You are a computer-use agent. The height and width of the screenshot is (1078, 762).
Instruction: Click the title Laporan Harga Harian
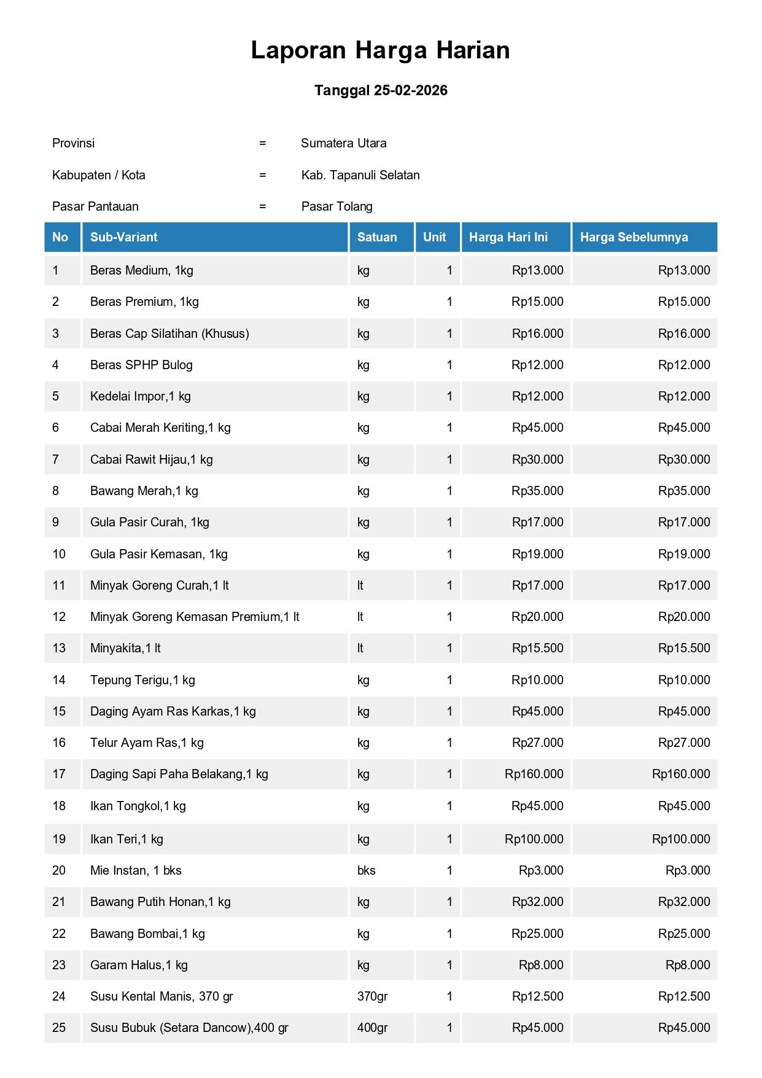pos(380,50)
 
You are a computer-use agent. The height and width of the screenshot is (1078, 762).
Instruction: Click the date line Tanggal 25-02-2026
pos(381,90)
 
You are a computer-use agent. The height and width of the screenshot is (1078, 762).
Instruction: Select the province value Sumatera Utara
pos(343,143)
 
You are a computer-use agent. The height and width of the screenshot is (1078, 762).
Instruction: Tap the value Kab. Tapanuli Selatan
pos(360,175)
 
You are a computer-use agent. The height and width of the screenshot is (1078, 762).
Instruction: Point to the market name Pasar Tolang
pos(336,206)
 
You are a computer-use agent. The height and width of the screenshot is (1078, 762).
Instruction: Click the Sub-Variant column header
pos(124,237)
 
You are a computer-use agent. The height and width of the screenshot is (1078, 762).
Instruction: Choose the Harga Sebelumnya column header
pos(634,237)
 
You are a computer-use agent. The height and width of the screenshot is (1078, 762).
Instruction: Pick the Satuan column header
pos(377,237)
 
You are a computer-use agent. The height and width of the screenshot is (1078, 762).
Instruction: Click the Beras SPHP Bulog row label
pos(141,365)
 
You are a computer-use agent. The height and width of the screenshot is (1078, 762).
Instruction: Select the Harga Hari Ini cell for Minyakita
pos(537,648)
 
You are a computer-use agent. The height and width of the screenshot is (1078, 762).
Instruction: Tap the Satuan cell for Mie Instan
pos(367,870)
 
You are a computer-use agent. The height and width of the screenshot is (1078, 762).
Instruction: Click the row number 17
pos(59,774)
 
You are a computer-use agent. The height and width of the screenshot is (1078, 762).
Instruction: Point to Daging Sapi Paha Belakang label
pos(179,774)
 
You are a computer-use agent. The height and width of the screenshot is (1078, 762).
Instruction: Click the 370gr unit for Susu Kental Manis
pos(372,996)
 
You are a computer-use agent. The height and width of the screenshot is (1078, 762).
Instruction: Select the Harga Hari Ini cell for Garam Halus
pos(541,965)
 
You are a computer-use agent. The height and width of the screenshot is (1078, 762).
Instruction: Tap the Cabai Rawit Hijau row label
pos(152,459)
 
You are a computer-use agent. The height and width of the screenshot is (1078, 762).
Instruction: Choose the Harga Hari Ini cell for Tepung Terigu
pos(537,680)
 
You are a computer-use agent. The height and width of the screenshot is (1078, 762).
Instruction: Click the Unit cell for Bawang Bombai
pos(449,934)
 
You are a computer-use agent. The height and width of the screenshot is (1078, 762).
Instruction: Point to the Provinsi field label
pos(74,143)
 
